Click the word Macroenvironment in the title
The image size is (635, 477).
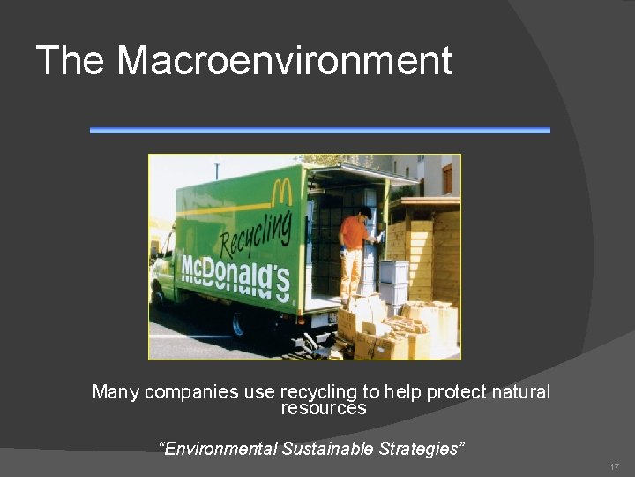(x=284, y=60)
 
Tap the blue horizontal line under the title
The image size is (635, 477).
(x=319, y=130)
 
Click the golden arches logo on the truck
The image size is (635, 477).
(x=281, y=191)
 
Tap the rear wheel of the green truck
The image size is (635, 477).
(x=236, y=325)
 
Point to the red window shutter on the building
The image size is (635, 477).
(x=446, y=178)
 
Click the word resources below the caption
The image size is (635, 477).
(x=323, y=408)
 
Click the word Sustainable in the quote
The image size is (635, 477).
(x=328, y=449)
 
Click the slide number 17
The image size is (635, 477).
(x=614, y=466)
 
